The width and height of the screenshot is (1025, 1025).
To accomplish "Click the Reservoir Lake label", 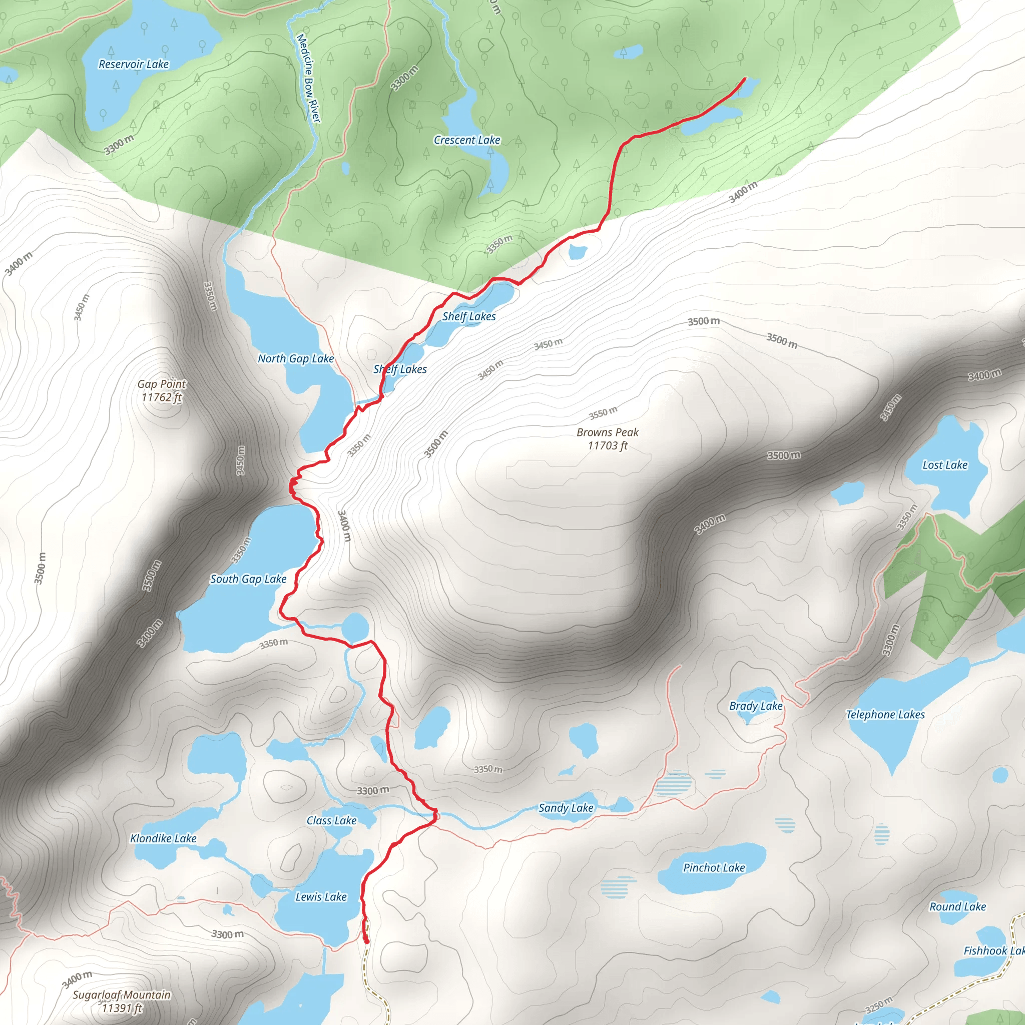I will click(134, 64).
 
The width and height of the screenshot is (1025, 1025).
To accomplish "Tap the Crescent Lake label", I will click(467, 140).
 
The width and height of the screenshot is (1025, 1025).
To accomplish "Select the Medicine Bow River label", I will click(309, 78).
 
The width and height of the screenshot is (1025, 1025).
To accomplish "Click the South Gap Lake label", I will click(248, 579).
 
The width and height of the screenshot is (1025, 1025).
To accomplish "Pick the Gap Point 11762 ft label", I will click(162, 390).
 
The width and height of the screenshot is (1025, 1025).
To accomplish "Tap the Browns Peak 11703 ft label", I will click(608, 439).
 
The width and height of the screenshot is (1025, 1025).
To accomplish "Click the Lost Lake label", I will click(945, 465).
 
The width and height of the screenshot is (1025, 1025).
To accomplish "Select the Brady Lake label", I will click(755, 706).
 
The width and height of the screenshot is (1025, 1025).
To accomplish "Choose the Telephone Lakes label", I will click(885, 714).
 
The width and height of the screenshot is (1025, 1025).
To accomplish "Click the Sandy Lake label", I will click(566, 807).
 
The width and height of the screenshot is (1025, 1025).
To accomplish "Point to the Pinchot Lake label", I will click(714, 867).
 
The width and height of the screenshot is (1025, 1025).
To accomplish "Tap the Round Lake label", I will click(957, 907).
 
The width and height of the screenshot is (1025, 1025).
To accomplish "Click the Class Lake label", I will click(332, 820).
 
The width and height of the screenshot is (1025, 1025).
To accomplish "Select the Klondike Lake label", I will click(163, 838).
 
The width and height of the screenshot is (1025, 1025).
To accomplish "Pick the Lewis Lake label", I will click(321, 896).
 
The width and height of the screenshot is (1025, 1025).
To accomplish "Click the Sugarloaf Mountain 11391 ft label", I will click(122, 1001).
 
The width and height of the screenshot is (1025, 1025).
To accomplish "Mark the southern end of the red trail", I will click(366, 942).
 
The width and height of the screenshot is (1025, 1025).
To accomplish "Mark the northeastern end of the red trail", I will click(745, 79).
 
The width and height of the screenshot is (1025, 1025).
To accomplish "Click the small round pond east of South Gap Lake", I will click(355, 627).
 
